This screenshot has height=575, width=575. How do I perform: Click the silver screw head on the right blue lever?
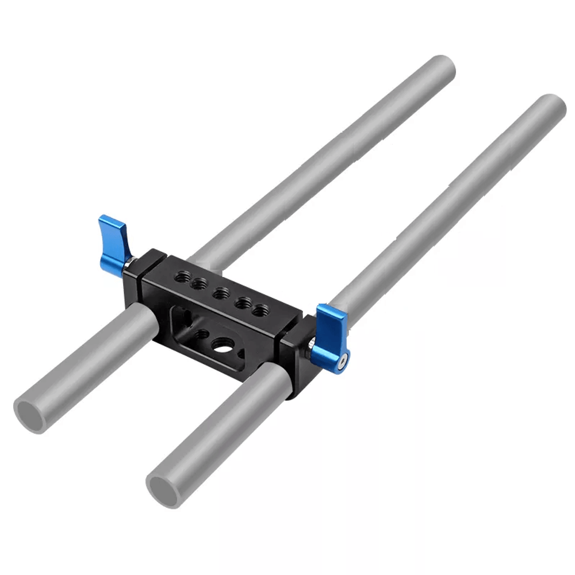pos(343,362)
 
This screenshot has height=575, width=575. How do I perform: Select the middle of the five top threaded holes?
pos(220,294)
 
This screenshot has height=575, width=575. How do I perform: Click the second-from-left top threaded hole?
pos(200,283)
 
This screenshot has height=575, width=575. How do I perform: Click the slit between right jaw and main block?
pos(282,345)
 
